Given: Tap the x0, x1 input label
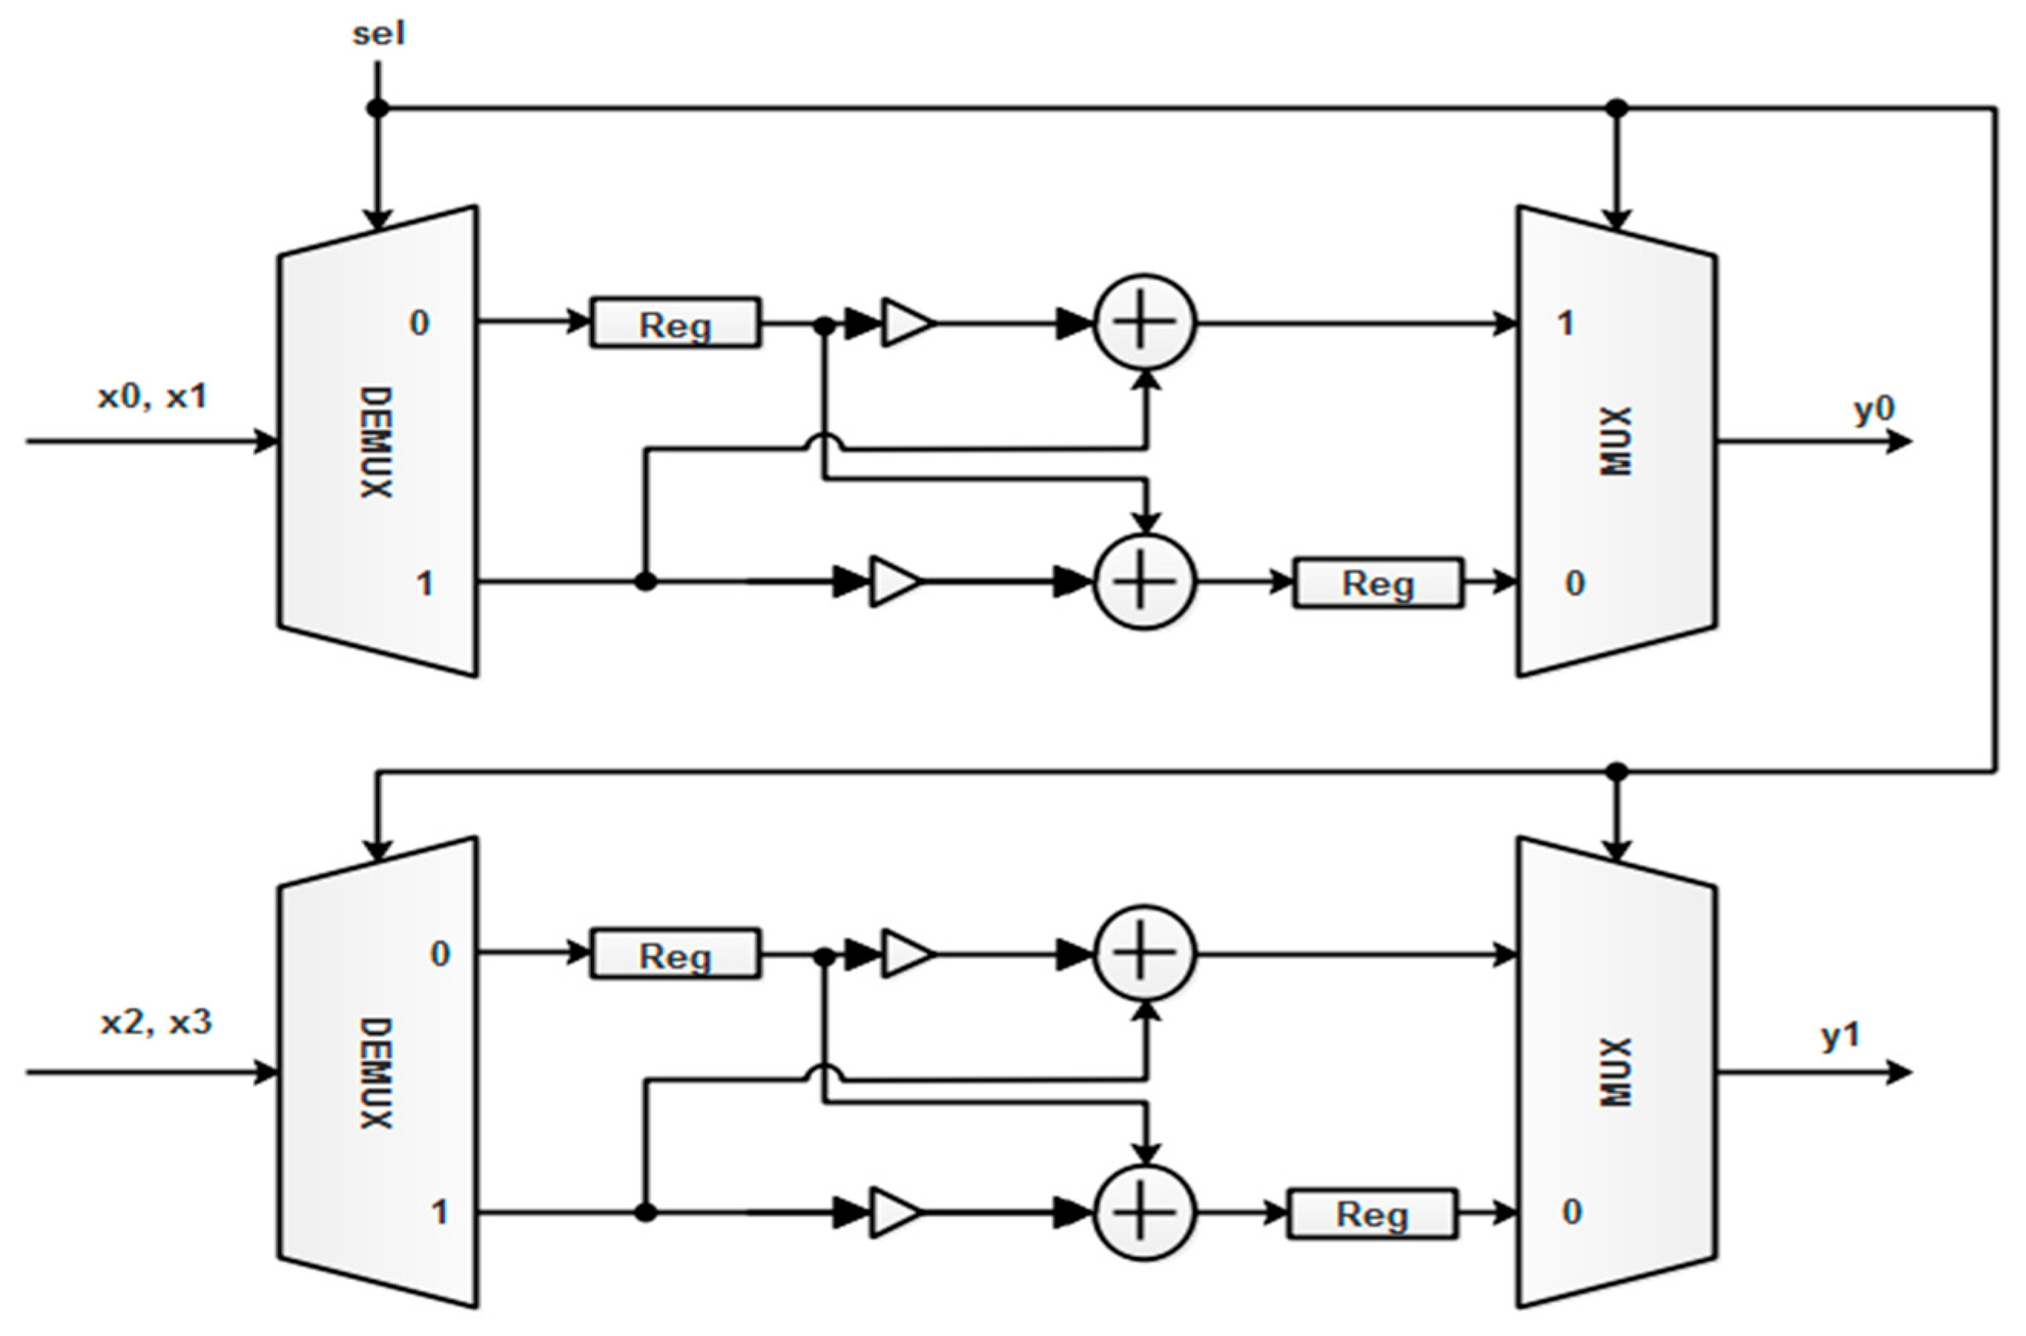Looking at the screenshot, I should [x=153, y=397].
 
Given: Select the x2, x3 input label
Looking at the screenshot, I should [x=156, y=1021].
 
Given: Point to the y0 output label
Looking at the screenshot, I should [x=1874, y=410].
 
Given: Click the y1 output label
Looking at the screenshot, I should [x=1840, y=1037].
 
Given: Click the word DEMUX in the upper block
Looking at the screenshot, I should [x=375, y=442].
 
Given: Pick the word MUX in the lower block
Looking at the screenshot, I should [x=1616, y=1072].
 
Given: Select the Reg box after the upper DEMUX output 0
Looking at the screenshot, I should [x=675, y=324].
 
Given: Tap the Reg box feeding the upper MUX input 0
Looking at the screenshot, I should [x=1378, y=584].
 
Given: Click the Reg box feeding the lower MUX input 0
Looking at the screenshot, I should [x=1371, y=1214].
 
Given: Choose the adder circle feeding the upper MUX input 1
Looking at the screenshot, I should [x=1145, y=324].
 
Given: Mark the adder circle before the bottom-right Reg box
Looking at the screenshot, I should [x=1145, y=1212].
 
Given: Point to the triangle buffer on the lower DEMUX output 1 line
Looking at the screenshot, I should [x=896, y=1212].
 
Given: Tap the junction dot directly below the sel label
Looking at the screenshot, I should [x=378, y=109].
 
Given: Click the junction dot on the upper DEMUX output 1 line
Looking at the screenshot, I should [x=646, y=582].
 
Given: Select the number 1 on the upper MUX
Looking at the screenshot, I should [x=1565, y=324].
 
